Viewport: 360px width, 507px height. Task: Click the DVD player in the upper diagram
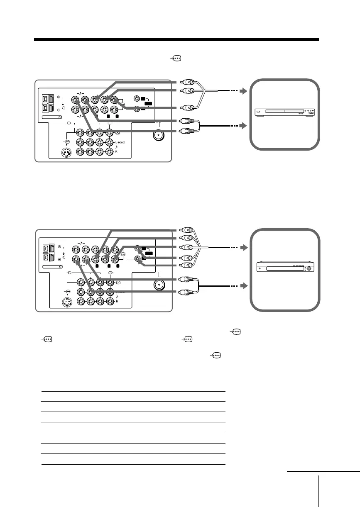[284, 112]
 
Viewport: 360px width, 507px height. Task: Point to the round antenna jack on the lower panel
[158, 285]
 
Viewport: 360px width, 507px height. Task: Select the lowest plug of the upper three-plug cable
[185, 109]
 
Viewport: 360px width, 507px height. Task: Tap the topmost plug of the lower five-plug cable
[185, 229]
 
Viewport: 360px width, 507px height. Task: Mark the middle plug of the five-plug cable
[185, 248]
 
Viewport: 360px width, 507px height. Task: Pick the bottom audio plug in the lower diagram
[185, 292]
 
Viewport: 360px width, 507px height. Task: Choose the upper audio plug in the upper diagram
[185, 122]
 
